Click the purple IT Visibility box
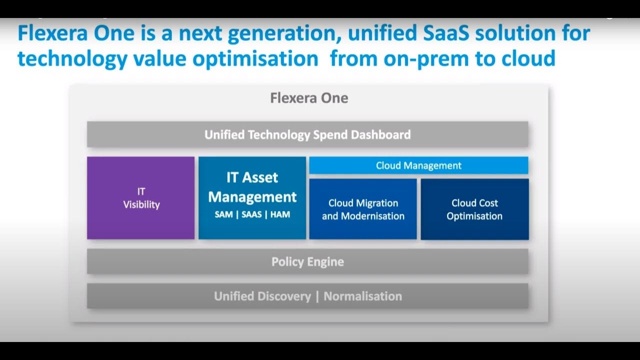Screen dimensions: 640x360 pyautogui.click(x=141, y=197)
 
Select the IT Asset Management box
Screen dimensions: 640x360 pyautogui.click(x=252, y=197)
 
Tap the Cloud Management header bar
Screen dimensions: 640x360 pyautogui.click(x=419, y=165)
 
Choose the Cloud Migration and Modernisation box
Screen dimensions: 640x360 pyautogui.click(x=363, y=209)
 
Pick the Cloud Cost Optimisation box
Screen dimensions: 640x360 pyautogui.click(x=474, y=209)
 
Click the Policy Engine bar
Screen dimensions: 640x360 pyautogui.click(x=307, y=261)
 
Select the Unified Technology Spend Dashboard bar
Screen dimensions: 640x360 pyautogui.click(x=307, y=134)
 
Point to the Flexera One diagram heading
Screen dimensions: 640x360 pyautogui.click(x=309, y=98)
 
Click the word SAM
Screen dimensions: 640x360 pyautogui.click(x=223, y=214)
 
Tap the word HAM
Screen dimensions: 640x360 pyautogui.click(x=280, y=214)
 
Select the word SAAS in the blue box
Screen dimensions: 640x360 pyautogui.click(x=251, y=214)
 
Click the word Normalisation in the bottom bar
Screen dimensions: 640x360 pyautogui.click(x=363, y=296)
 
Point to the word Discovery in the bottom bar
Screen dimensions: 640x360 pyautogui.click(x=284, y=296)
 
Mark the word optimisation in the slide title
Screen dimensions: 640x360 pyautogui.click(x=255, y=59)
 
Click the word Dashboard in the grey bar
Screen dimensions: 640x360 pyautogui.click(x=381, y=134)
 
